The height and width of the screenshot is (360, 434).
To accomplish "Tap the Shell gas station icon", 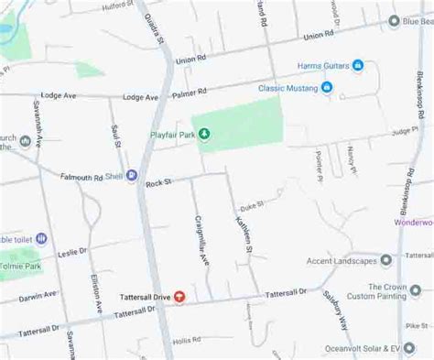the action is click(132, 175).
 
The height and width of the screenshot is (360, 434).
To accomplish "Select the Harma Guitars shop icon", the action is click(358, 66).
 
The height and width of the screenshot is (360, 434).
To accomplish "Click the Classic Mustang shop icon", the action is click(326, 88).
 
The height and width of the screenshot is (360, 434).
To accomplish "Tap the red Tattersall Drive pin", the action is click(179, 297).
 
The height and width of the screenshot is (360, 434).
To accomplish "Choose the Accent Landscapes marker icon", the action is click(386, 260).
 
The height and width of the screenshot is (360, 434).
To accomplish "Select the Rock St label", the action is click(158, 182).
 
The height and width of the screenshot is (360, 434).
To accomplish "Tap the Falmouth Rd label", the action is click(81, 177).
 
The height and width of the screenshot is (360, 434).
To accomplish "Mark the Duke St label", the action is click(251, 208).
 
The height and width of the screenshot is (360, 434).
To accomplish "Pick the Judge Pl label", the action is click(404, 132).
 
